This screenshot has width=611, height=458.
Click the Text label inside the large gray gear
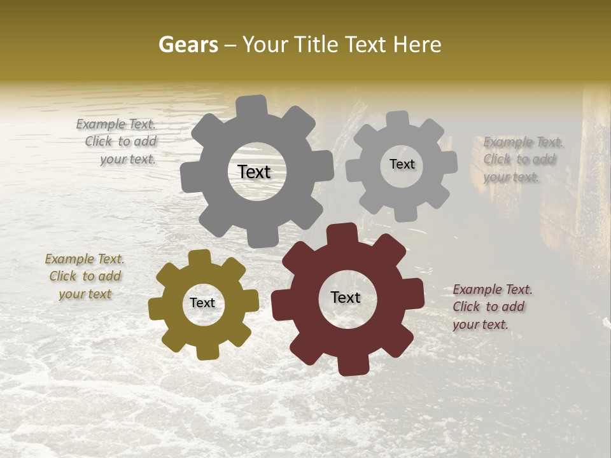click(254, 172)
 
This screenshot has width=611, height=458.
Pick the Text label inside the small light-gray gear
click(402, 164)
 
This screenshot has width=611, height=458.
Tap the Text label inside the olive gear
click(202, 303)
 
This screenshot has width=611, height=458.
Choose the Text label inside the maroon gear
click(346, 297)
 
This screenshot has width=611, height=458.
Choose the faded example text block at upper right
click(523, 160)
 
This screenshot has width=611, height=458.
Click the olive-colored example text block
click(85, 277)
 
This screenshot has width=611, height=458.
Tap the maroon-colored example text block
click(492, 307)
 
